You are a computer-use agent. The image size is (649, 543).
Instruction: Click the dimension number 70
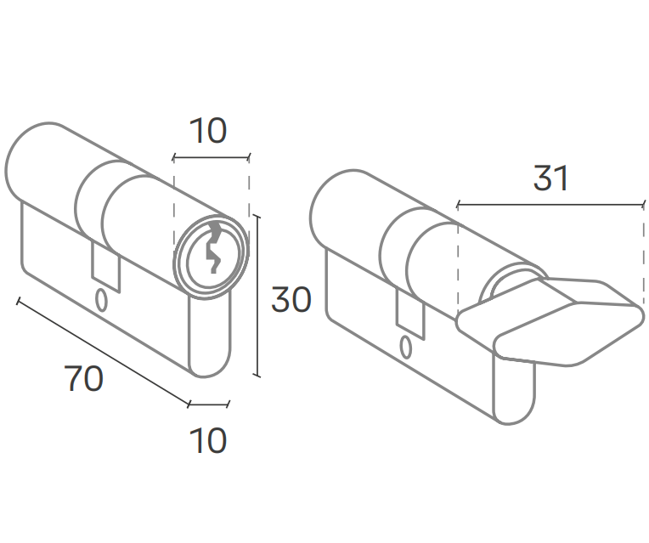point(84,379)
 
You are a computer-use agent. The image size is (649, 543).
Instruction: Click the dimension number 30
point(291,300)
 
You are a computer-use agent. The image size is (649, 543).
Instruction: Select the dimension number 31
point(550,178)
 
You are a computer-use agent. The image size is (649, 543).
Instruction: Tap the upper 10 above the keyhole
point(208,132)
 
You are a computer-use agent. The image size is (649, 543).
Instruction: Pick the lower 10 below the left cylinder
point(208,441)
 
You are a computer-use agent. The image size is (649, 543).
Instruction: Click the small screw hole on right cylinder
point(405,348)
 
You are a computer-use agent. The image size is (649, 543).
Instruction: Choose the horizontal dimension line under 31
point(550,205)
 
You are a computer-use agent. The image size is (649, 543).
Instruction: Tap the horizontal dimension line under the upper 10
point(211,157)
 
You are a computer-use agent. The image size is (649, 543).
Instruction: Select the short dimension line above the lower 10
point(209,403)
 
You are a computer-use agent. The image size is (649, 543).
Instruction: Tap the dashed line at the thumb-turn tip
point(643,255)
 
